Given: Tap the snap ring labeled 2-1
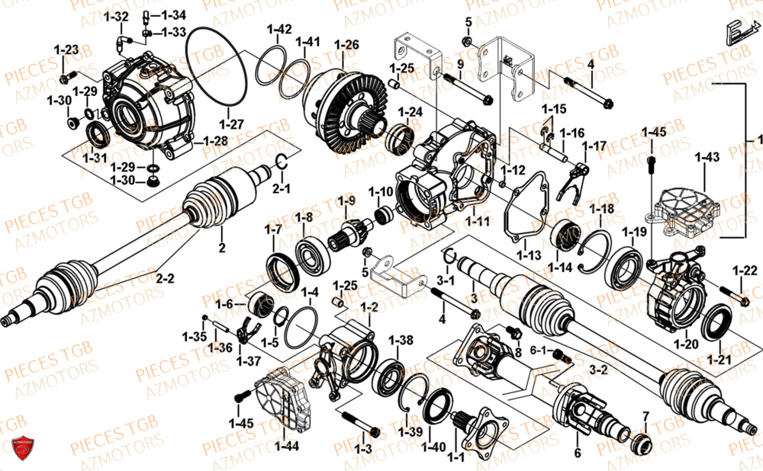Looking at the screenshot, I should (280, 161).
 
